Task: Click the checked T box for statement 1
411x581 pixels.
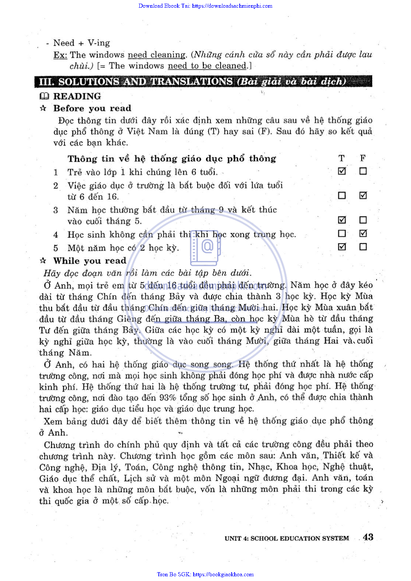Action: coord(342,171)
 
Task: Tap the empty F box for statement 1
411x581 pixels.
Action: coord(363,171)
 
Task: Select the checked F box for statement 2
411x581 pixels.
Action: coord(363,195)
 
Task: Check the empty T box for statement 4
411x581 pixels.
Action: coord(342,233)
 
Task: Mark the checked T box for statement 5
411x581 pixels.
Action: coord(342,247)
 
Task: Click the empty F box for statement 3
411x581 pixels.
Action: coord(363,220)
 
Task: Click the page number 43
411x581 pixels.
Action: coord(368,537)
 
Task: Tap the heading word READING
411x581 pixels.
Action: coord(77,96)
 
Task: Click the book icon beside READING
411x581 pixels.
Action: coord(44,96)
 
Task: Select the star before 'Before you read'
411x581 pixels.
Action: coord(43,108)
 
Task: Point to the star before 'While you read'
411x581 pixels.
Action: coord(43,260)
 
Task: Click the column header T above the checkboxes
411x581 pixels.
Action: coord(341,158)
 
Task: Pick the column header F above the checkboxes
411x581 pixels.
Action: coord(363,158)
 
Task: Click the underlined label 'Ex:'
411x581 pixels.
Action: coord(60,55)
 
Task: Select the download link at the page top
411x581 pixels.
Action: coord(205,6)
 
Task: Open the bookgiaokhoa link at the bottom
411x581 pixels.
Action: coord(205,574)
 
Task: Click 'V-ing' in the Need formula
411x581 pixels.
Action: coord(98,43)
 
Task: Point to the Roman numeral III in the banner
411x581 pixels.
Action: coord(45,81)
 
